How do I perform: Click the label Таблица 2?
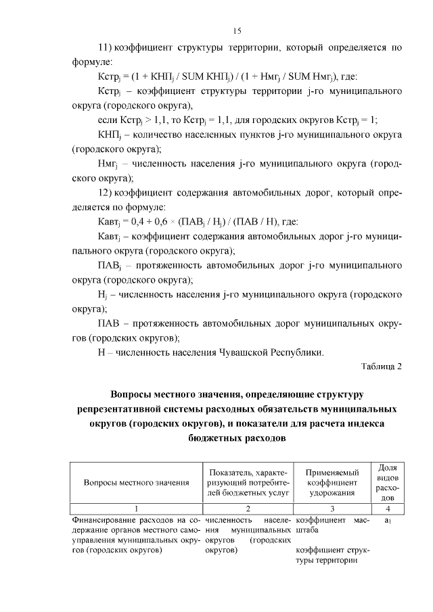[x=382, y=367]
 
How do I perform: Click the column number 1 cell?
[x=136, y=508]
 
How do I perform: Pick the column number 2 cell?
[x=248, y=508]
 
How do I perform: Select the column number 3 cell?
[x=332, y=508]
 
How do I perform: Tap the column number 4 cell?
[x=387, y=508]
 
